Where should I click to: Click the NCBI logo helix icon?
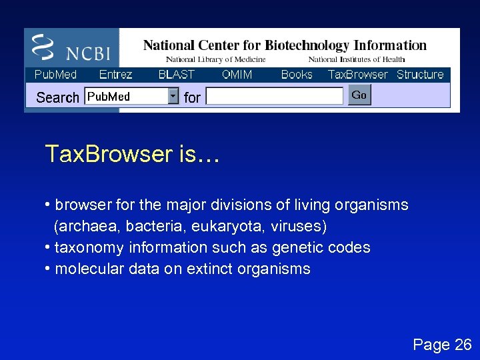pos(43,47)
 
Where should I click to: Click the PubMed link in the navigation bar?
pos(55,75)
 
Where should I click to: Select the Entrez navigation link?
pos(115,75)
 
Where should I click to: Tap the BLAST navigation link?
pos(176,75)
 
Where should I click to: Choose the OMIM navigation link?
pos(237,75)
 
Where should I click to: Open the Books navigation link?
pos(297,75)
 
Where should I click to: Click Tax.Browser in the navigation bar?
pos(357,75)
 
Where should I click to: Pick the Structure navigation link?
pos(420,75)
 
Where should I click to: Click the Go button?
pos(359,95)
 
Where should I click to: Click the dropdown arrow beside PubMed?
pos(173,97)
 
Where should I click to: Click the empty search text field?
pos(274,97)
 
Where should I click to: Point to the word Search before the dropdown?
pos(57,97)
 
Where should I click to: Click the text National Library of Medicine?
pos(215,60)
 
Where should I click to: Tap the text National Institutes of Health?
pos(356,60)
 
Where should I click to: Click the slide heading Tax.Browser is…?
pos(131,155)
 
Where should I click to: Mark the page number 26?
pos(463,345)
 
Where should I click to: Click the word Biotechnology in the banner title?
pos(307,45)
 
